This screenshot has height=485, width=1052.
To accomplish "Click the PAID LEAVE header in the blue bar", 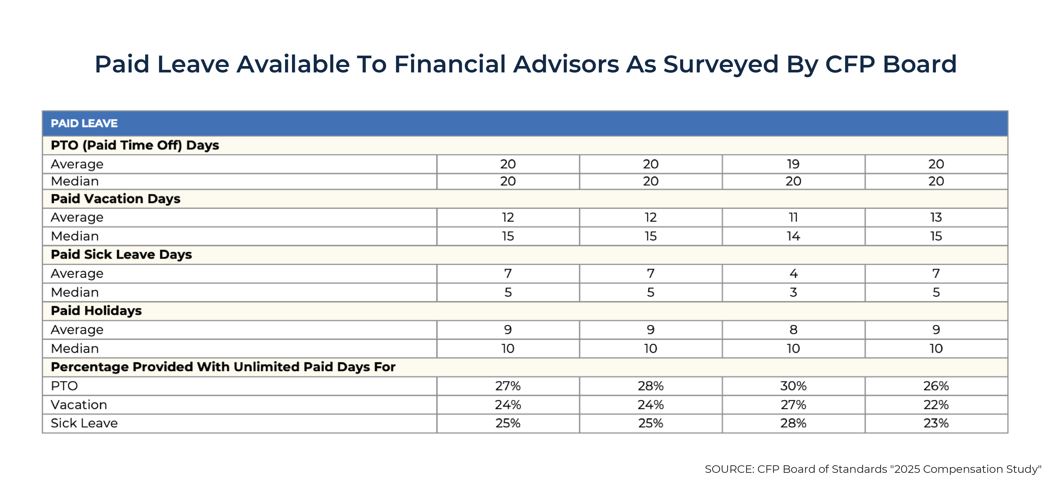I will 84,123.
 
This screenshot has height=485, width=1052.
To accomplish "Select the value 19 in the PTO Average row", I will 793,164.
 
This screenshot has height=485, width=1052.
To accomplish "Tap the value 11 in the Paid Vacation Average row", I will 793,218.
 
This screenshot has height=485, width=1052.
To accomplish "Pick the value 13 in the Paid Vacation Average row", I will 936,218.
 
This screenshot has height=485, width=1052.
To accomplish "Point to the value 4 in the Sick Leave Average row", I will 793,274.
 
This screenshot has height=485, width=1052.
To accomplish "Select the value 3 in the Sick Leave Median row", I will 793,292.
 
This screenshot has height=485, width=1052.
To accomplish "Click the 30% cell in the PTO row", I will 793,386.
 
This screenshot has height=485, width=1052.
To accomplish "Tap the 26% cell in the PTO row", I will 936,386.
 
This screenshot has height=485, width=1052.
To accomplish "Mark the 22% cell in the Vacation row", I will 936,404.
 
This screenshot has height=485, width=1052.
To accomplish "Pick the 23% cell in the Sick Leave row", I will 936,423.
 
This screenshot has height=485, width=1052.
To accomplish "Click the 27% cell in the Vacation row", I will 793,404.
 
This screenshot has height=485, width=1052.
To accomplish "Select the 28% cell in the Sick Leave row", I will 793,423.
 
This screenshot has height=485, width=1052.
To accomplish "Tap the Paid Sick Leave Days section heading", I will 121,255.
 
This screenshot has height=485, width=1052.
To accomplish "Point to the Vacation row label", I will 79,404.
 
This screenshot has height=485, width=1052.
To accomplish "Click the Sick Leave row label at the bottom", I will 84,423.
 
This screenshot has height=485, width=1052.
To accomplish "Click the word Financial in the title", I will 450,65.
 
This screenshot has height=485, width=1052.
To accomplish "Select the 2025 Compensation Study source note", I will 873,469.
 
